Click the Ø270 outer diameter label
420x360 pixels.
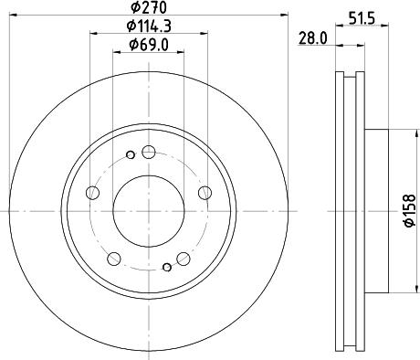pyautogui.click(x=148, y=8)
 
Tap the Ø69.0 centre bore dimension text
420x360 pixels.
pyautogui.click(x=148, y=45)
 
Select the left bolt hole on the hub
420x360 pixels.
pyautogui.click(x=91, y=193)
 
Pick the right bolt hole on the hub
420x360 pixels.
pyautogui.click(x=204, y=194)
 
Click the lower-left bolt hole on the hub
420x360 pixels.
pyautogui.click(x=112, y=259)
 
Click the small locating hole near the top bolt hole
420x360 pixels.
pyautogui.click(x=131, y=154)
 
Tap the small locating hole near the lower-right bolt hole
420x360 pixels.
pyautogui.click(x=165, y=267)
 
